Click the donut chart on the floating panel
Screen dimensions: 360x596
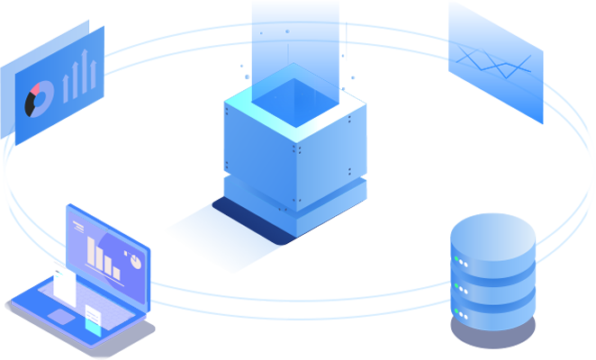point(41,98)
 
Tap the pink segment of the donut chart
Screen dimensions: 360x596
point(38,88)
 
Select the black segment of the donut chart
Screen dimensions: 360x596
point(32,105)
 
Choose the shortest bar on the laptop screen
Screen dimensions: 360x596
point(116,268)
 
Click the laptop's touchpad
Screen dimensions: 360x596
point(60,316)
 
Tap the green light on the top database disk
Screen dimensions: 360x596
point(462,262)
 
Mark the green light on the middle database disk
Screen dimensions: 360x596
point(462,288)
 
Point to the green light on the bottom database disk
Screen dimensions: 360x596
point(462,314)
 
